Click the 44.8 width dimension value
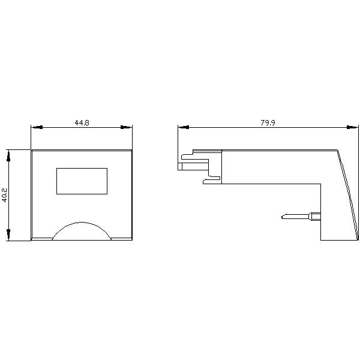click(x=82, y=122)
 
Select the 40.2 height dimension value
click(x=4, y=195)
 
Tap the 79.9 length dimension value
click(x=268, y=122)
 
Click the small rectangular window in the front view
click(x=82, y=181)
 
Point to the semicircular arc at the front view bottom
click(x=82, y=222)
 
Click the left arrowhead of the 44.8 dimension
click(x=37, y=127)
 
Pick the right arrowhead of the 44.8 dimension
click(x=127, y=127)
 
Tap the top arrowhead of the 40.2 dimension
click(x=8, y=155)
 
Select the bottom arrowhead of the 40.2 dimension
click(x=8, y=235)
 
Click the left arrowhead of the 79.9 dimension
click(x=184, y=127)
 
